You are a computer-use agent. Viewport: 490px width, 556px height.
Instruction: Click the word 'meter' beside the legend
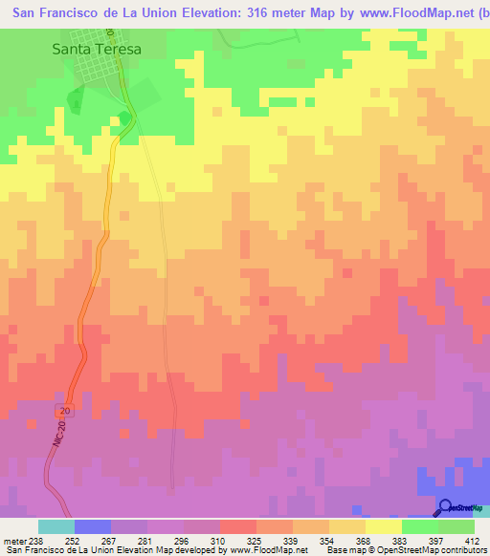coord(12,540)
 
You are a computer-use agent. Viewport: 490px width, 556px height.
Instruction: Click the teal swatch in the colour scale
coord(56,526)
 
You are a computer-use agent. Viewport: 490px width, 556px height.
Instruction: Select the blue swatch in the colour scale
coord(92,526)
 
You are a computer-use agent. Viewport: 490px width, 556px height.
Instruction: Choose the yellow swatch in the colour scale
coord(383,526)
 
